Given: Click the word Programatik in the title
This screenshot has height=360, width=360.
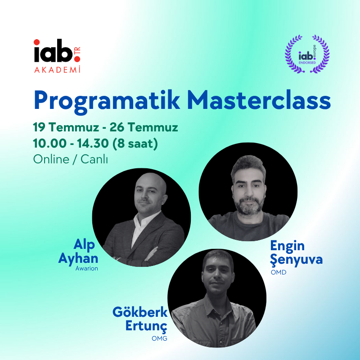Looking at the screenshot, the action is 107,102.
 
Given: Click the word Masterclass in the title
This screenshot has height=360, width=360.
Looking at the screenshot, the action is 259,100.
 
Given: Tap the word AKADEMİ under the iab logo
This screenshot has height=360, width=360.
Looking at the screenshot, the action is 58,69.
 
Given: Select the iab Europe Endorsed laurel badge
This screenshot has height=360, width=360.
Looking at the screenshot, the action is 307,54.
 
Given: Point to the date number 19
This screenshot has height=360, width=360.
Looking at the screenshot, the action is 39,127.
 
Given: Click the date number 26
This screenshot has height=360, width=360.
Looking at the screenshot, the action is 117,127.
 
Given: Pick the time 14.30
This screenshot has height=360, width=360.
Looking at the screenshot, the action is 93,144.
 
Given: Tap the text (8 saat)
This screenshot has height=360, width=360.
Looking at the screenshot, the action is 135,144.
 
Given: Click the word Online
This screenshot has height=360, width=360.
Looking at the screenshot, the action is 51,159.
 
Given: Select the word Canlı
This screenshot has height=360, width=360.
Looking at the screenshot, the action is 94,159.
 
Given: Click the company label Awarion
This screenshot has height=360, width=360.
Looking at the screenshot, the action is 87,268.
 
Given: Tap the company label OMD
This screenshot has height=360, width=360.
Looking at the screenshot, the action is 279,272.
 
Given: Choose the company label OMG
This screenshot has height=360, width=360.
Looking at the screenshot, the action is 159,338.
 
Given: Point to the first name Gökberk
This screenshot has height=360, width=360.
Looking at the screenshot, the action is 140,312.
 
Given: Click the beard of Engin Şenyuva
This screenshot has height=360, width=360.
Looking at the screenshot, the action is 249,206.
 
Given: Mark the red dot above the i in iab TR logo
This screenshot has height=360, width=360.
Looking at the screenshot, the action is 37,42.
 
